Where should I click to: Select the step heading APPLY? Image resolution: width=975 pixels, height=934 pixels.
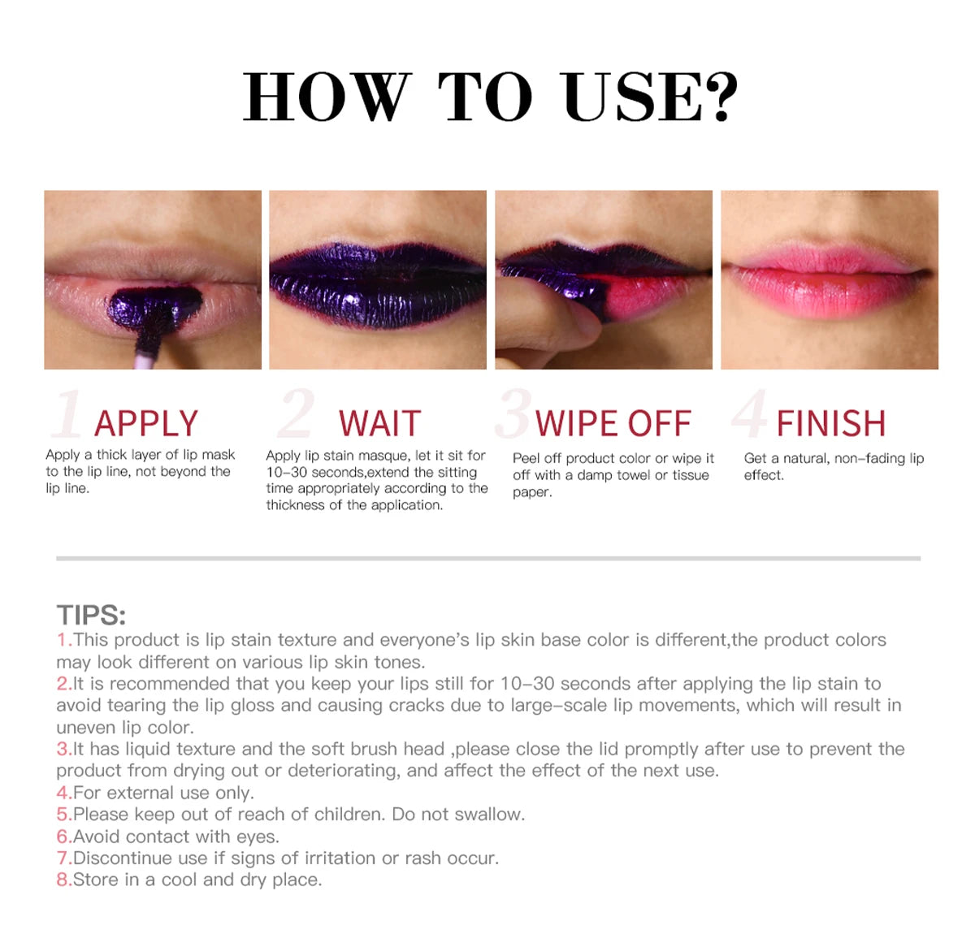(x=145, y=423)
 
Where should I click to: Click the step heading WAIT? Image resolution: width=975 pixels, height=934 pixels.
(x=379, y=423)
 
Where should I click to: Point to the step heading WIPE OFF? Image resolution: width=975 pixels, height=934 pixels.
(x=613, y=423)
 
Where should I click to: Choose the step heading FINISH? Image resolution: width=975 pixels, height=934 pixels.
(x=830, y=423)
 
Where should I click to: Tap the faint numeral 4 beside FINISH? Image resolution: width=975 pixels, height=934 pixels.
(x=750, y=413)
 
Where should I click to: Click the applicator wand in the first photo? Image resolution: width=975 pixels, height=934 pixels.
(x=149, y=338)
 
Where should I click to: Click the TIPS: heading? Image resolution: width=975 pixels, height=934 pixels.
(x=91, y=615)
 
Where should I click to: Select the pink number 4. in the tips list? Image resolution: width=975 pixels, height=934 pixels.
(x=64, y=793)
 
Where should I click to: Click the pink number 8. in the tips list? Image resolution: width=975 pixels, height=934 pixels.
(x=64, y=880)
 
